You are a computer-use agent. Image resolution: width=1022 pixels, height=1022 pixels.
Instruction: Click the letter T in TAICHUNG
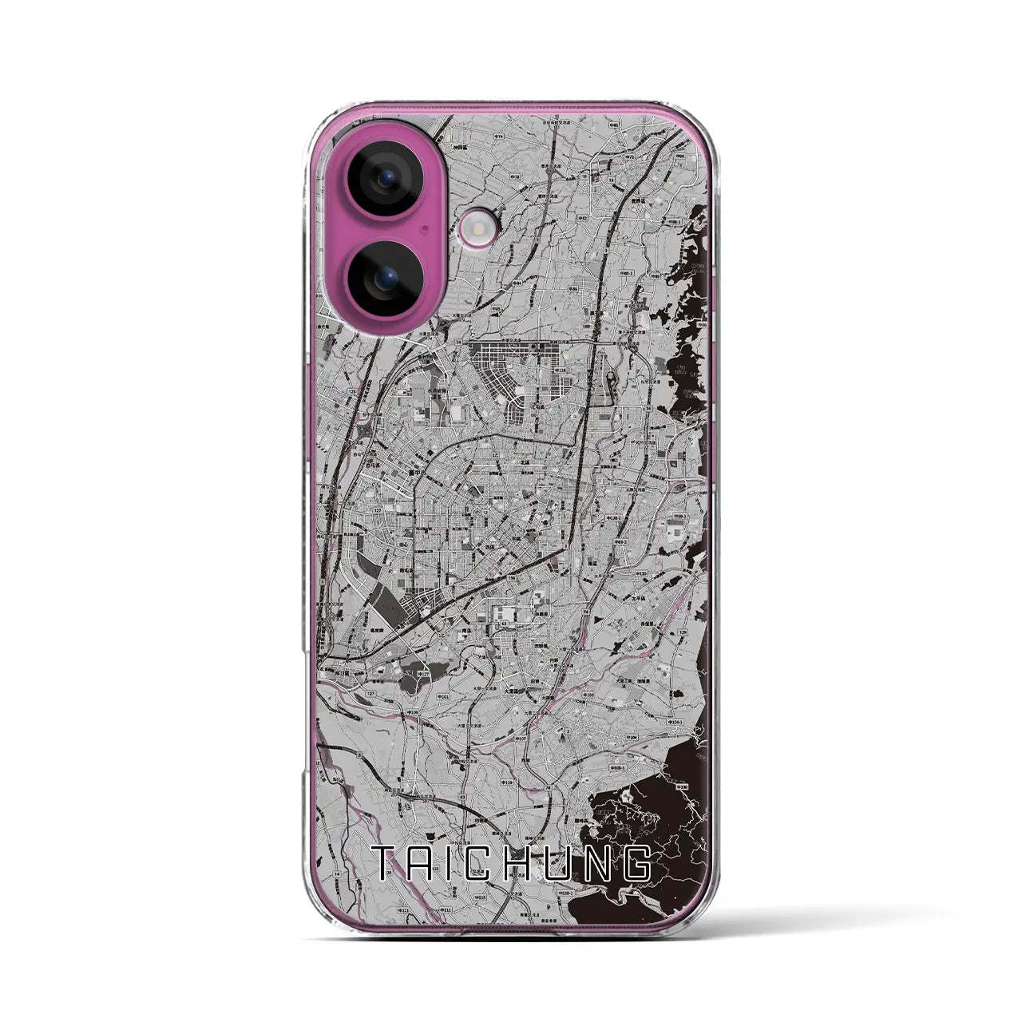389,864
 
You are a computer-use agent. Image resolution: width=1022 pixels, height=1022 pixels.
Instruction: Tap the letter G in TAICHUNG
636,864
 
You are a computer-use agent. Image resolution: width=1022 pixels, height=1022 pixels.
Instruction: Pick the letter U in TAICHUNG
565,864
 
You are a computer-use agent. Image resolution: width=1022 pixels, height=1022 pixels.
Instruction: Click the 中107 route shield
521,739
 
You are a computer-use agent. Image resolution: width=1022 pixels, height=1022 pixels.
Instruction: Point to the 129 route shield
683,632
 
